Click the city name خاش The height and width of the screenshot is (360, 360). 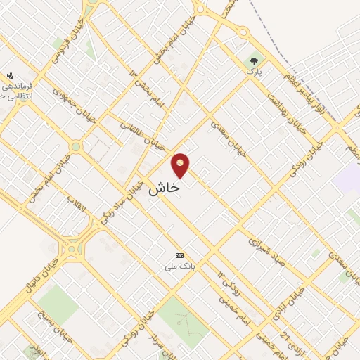pyautogui.click(x=164, y=188)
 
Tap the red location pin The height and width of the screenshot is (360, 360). pyautogui.click(x=181, y=165)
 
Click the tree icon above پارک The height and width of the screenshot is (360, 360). pyautogui.click(x=253, y=62)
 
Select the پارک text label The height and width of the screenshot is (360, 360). pyautogui.click(x=253, y=72)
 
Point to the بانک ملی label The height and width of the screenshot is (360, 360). pyautogui.click(x=179, y=266)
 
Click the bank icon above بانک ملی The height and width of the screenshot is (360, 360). pyautogui.click(x=179, y=255)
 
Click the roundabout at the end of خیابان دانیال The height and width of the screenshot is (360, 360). pyautogui.click(x=73, y=247)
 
